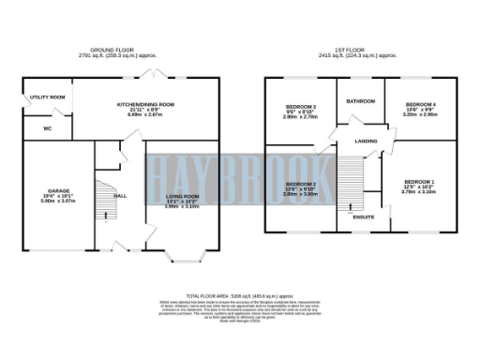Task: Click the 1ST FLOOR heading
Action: pyautogui.click(x=360, y=49)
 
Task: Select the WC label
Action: pyautogui.click(x=34, y=128)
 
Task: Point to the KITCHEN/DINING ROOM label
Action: pyautogui.click(x=145, y=104)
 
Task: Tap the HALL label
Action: pyautogui.click(x=120, y=196)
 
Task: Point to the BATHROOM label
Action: pyautogui.click(x=361, y=100)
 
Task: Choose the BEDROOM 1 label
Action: pyautogui.click(x=419, y=181)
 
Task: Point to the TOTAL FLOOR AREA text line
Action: pyautogui.click(x=239, y=294)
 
